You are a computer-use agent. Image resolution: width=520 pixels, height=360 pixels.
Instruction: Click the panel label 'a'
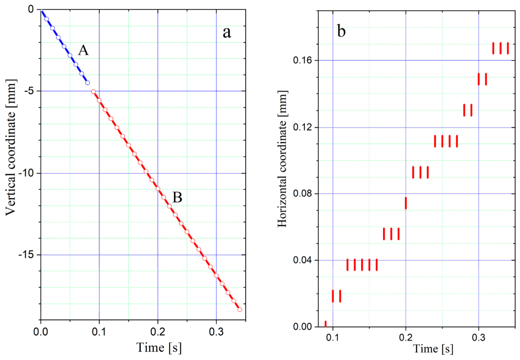[227, 32]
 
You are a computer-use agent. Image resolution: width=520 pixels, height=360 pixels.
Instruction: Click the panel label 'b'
[341, 31]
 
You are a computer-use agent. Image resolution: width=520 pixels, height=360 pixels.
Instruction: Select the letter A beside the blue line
[83, 50]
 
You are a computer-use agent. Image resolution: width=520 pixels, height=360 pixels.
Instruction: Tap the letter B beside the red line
[177, 197]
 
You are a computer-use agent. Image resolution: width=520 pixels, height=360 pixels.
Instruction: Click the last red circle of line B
[240, 310]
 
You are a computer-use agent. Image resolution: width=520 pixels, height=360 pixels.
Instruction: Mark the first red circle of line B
[93, 91]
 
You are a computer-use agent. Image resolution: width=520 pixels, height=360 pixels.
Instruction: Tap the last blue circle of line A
[87, 83]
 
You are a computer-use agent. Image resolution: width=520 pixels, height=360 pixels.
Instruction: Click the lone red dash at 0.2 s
[405, 203]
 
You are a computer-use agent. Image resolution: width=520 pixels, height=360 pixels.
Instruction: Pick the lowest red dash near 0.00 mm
[326, 324]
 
